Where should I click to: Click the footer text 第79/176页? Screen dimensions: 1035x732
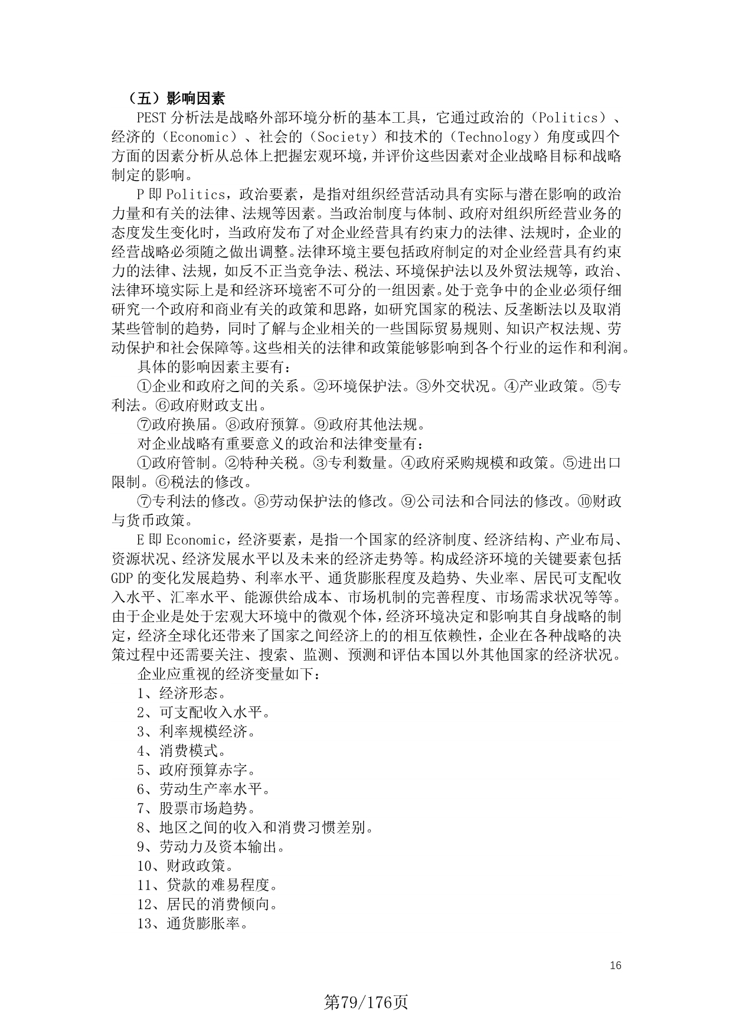(366, 1002)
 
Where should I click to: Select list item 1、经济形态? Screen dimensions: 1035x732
(181, 693)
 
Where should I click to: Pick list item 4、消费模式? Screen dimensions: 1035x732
(181, 750)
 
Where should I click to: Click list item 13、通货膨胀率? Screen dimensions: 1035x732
(192, 923)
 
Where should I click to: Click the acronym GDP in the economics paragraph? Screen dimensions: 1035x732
(123, 578)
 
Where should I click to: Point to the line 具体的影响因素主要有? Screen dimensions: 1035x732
(214, 367)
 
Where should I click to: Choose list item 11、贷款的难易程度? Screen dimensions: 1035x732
(207, 885)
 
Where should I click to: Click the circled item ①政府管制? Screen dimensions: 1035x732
(175, 463)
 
